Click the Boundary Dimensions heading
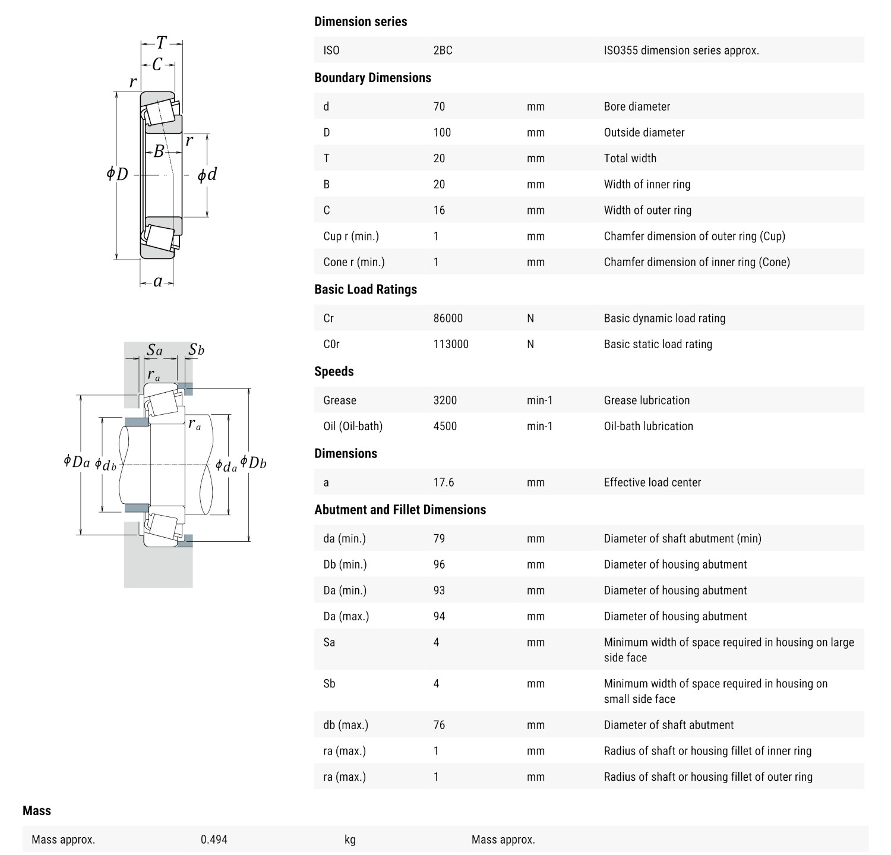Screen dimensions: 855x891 372,78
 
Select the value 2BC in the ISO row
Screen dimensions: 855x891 443,51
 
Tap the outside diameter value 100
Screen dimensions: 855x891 442,132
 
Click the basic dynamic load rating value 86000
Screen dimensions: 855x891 448,318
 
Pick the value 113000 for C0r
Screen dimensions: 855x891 451,344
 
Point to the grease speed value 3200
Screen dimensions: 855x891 445,400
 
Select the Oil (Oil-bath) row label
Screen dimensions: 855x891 353,426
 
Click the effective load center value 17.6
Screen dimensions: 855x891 444,482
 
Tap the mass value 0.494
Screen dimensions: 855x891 214,840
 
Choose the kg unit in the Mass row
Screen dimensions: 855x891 350,840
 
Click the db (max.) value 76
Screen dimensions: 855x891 439,725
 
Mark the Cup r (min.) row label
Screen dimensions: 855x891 351,236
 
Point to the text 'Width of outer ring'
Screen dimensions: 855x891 647,210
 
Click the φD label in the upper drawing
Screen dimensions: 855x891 118,174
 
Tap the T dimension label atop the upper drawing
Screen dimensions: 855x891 161,43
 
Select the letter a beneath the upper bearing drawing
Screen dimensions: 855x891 157,282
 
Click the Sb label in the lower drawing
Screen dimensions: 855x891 196,350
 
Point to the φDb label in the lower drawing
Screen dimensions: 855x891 254,462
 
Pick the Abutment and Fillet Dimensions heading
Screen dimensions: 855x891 400,510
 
